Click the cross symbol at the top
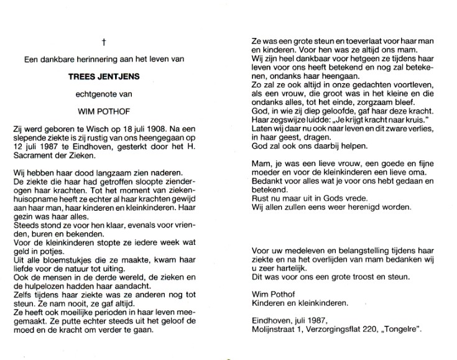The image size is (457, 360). click(x=104, y=42)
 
